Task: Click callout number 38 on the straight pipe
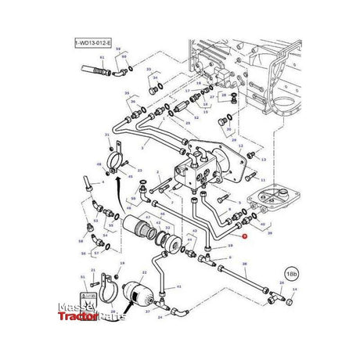(245, 265)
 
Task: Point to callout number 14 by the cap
(294, 290)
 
